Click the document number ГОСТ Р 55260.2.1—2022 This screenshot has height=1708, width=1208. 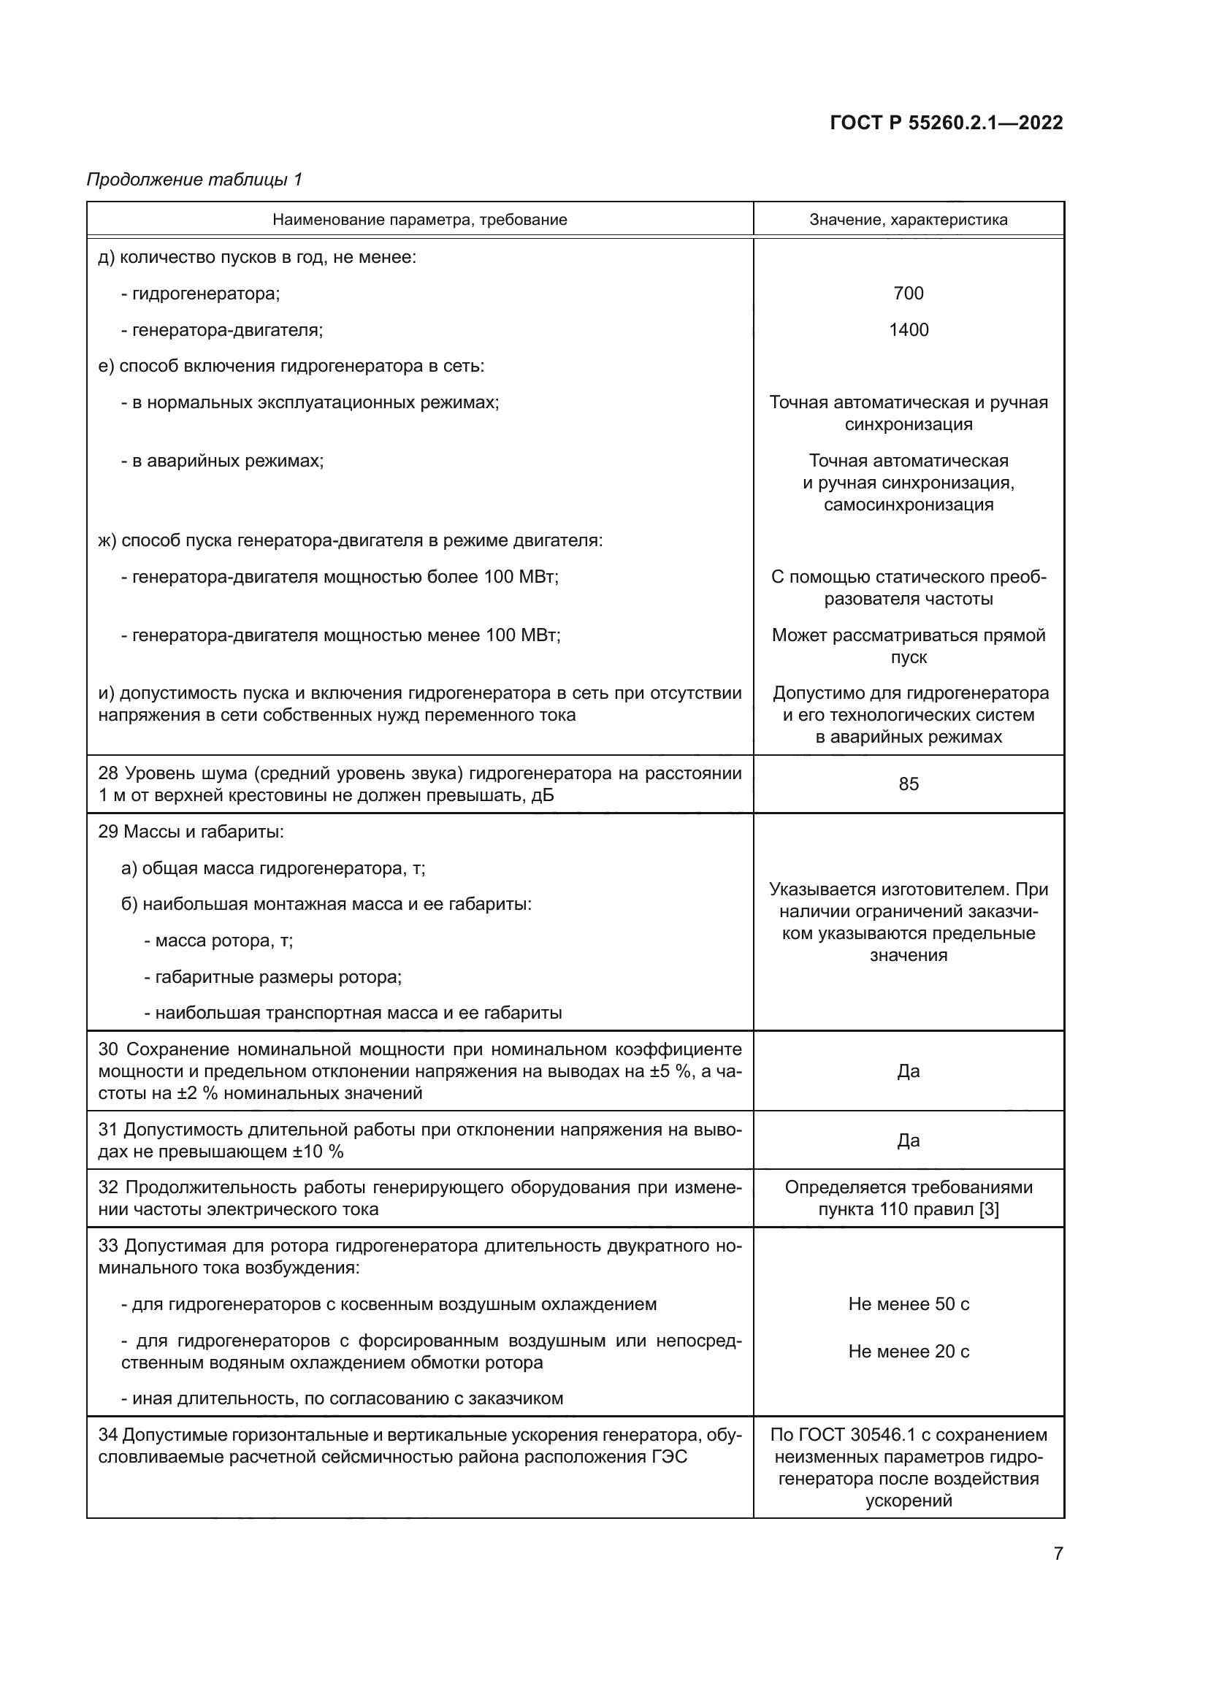[x=945, y=123]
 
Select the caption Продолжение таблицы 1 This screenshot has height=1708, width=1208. [x=194, y=180]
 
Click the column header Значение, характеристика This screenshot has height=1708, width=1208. [x=909, y=220]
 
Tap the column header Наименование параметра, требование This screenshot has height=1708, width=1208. [x=419, y=220]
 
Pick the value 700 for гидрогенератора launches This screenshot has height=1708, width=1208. [x=909, y=293]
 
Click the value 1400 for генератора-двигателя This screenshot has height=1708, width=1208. [x=909, y=329]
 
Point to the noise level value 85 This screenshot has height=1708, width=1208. [x=909, y=784]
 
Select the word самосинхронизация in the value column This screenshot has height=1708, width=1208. [x=909, y=505]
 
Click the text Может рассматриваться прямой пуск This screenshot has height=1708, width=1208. [x=909, y=646]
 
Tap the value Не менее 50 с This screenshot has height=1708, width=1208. [x=909, y=1304]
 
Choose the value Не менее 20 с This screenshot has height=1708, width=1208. [x=909, y=1352]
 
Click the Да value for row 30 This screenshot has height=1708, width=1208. [x=909, y=1071]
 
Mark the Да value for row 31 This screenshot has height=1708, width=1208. [x=909, y=1141]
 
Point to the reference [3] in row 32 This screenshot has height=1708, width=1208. [x=989, y=1209]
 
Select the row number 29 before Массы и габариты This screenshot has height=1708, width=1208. [x=108, y=832]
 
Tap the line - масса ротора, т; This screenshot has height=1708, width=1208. [x=218, y=941]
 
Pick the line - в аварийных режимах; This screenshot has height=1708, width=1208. [x=223, y=462]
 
